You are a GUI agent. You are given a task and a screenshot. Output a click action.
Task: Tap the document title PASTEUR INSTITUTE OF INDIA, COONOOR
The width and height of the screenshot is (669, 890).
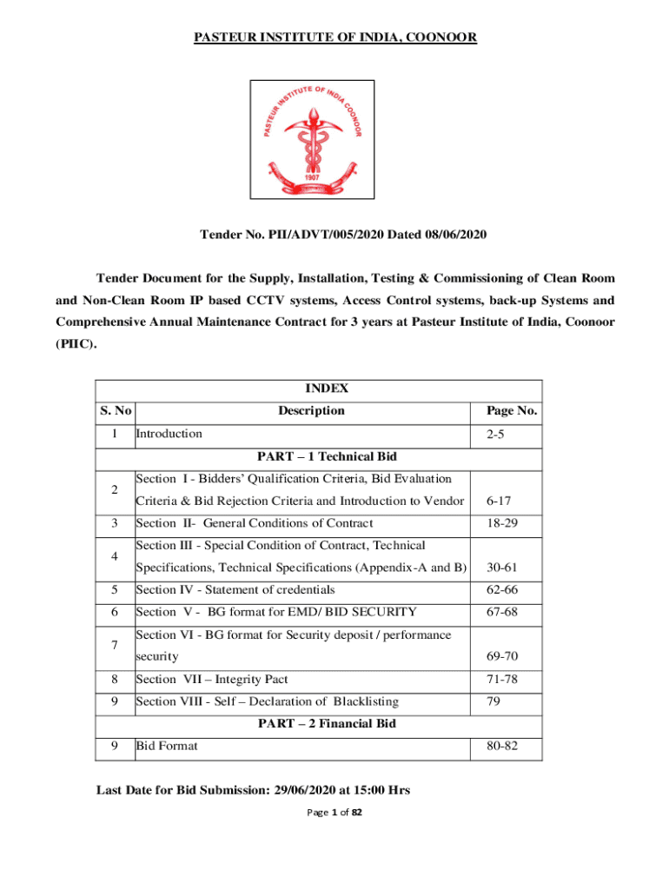[x=334, y=37]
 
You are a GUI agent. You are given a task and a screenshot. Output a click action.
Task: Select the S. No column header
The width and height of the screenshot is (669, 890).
[x=115, y=411]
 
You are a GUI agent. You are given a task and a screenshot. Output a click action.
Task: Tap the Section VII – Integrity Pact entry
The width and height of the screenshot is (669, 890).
[x=224, y=679]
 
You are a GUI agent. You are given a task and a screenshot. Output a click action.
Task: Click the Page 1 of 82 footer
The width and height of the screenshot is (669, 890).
[x=334, y=812]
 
